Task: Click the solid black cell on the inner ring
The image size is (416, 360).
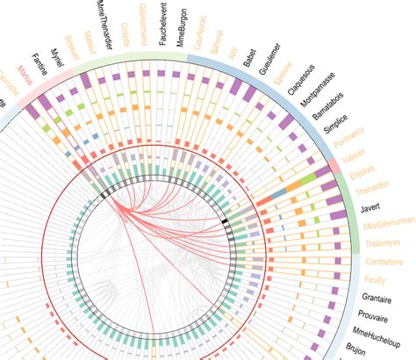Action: click(x=226, y=224)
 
